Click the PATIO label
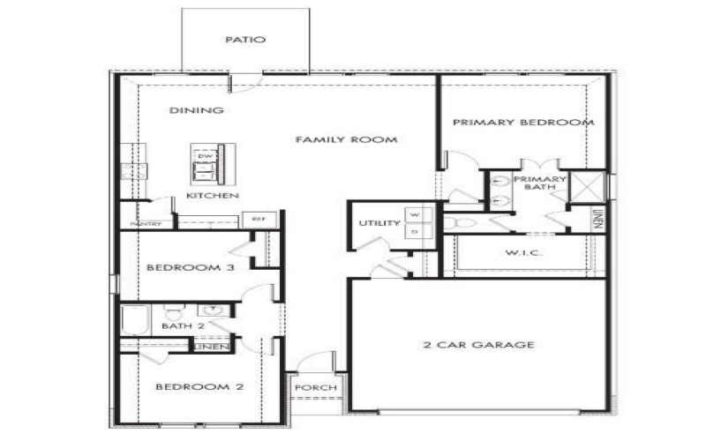point(245,40)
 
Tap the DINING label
point(196,110)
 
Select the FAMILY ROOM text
point(345,139)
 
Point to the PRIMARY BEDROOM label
point(522,123)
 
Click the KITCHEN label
point(212,195)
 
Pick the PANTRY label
point(146,224)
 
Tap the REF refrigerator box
point(259,219)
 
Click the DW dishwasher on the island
point(205,157)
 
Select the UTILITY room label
point(379,223)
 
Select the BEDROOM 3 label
point(190,268)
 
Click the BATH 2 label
point(183,326)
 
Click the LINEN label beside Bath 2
point(213,347)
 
